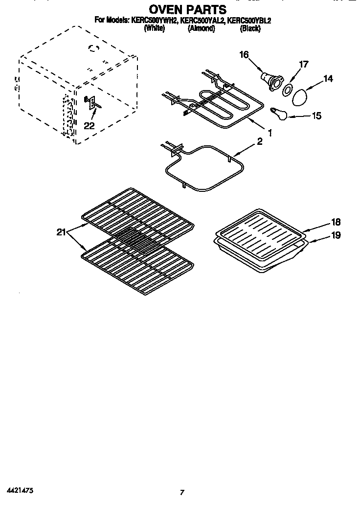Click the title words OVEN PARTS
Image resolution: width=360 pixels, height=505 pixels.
point(180,9)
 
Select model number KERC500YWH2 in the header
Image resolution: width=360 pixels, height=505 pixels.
point(154,21)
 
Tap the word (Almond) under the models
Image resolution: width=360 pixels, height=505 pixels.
point(201,28)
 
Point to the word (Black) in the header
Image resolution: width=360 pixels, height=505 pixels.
point(250,28)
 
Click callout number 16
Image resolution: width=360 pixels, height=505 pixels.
point(244,55)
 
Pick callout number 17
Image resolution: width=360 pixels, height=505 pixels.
point(304,64)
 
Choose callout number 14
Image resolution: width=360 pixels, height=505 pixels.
point(328,78)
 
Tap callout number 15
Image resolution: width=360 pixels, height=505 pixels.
point(316,116)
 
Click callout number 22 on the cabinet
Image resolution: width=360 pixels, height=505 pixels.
point(89,126)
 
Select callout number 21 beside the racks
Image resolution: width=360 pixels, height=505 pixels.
point(61,232)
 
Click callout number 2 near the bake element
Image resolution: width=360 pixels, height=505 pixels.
point(260,142)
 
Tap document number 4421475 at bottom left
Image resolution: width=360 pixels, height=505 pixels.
point(20,489)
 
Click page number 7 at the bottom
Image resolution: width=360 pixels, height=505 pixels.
point(181,492)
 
